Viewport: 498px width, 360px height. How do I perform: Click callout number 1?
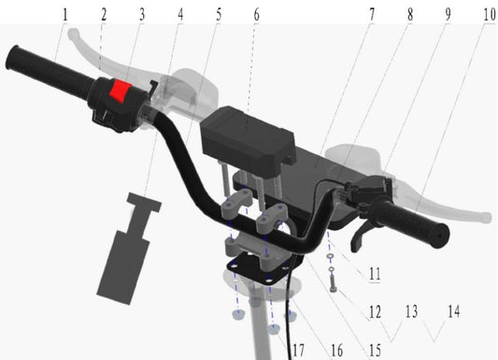coord(64,15)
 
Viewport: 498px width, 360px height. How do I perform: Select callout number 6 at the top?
coord(256,15)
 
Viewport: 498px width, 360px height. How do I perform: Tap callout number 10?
coord(489,15)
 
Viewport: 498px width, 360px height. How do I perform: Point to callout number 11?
coord(375,274)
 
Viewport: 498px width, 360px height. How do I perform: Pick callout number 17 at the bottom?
coord(298,350)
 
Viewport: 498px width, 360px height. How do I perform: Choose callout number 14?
coord(454,311)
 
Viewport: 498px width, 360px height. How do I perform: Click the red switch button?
coord(120,92)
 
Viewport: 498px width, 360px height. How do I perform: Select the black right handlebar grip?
coord(411,223)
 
